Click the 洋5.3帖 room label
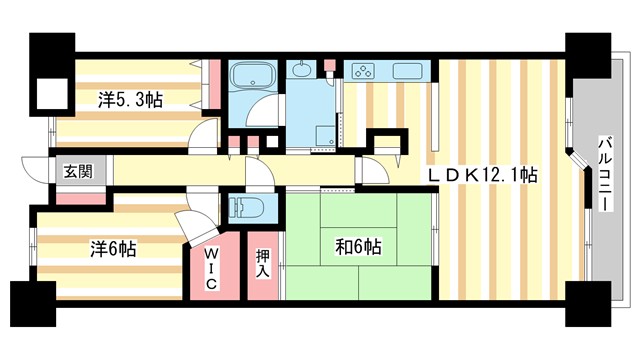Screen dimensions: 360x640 pos(131,100)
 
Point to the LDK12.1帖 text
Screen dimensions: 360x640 pos(484,174)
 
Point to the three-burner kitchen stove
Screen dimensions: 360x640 pos(361,72)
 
